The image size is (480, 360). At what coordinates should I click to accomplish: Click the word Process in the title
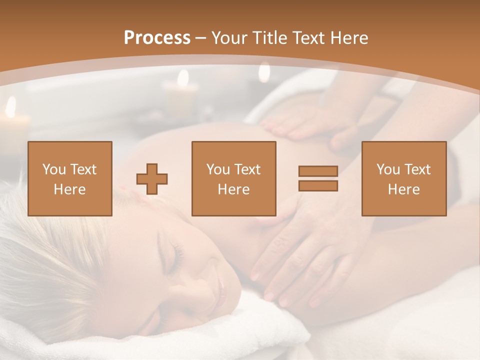click(x=157, y=37)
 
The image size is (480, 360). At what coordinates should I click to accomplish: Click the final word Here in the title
click(x=349, y=37)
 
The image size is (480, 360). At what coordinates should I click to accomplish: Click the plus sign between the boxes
click(x=152, y=178)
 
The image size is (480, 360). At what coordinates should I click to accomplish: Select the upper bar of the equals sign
click(x=318, y=171)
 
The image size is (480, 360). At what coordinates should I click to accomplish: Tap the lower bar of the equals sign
click(x=318, y=186)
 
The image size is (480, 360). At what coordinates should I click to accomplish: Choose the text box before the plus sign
click(x=69, y=178)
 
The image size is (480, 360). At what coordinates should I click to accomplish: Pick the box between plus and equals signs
click(x=233, y=178)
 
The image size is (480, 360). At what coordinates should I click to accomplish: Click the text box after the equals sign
click(x=403, y=178)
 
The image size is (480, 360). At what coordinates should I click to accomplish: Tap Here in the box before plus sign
click(x=69, y=189)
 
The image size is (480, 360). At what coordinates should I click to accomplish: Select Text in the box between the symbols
click(x=247, y=169)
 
